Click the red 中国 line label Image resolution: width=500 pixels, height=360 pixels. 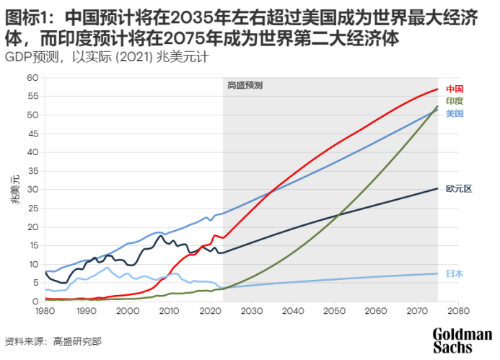coord(455,89)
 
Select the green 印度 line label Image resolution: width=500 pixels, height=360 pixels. coord(455,101)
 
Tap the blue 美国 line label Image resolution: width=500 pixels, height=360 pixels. coord(455,113)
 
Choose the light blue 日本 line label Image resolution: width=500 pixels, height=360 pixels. coord(455,273)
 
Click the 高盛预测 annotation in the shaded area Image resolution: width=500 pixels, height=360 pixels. coord(245,85)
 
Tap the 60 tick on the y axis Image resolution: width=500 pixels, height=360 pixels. coord(32,78)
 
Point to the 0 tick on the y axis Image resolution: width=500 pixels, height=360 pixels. coord(35,302)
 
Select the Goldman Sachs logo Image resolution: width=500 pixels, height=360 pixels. coord(462,341)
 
